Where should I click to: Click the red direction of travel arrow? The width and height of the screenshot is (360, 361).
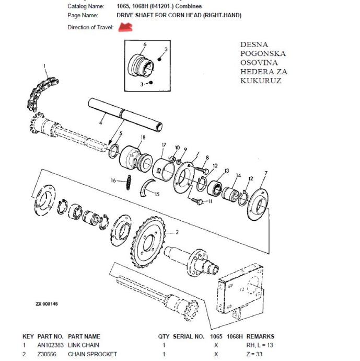tap(125, 27)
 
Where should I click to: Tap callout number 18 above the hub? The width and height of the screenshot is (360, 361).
tap(143, 138)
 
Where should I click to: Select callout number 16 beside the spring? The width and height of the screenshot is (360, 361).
tap(113, 180)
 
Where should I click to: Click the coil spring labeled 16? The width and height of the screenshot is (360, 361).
tap(129, 183)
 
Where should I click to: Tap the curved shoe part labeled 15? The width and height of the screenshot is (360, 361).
tap(147, 187)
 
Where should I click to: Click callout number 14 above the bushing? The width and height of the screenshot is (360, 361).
tap(238, 175)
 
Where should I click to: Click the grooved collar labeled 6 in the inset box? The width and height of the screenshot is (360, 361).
tap(140, 65)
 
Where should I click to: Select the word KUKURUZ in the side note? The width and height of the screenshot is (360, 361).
tap(261, 81)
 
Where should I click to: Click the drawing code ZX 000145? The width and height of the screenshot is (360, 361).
tap(47, 304)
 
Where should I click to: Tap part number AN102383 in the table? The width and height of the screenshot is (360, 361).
tap(50, 345)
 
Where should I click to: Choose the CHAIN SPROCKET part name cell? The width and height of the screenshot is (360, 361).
tap(92, 354)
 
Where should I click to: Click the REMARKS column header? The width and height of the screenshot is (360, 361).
tap(260, 336)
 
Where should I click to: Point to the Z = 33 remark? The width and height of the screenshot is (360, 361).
tap(254, 354)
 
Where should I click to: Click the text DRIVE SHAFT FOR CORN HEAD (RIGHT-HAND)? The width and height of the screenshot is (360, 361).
tap(179, 15)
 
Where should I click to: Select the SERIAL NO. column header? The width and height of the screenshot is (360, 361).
tap(189, 336)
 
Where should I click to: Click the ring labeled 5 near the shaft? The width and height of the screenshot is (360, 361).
tap(113, 151)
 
